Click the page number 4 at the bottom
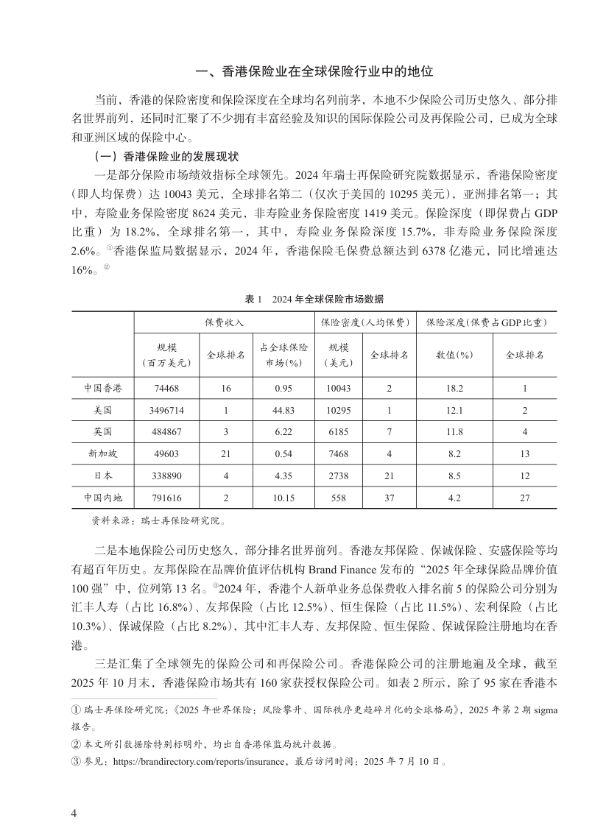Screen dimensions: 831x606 74,813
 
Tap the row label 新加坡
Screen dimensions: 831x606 102,454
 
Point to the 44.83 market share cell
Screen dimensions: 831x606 283,410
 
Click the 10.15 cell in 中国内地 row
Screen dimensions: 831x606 283,498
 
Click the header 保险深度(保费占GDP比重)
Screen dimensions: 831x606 487,322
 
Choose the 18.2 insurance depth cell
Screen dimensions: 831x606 454,389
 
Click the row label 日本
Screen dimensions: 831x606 102,475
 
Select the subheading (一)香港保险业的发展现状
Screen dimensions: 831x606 163,156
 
